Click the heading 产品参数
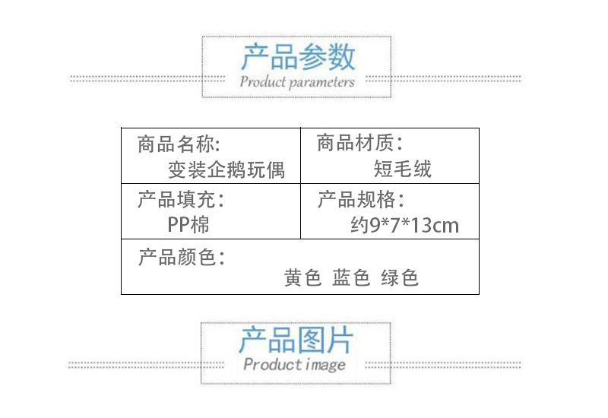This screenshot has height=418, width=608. tap(298, 57)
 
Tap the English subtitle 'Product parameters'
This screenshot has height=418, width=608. tap(297, 81)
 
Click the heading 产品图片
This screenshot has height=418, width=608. tap(296, 340)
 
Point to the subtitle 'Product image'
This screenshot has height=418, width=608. tap(295, 365)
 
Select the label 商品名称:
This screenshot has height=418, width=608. tap(179, 144)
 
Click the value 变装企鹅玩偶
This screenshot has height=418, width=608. tap(226, 169)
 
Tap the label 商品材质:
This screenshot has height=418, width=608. tap(359, 142)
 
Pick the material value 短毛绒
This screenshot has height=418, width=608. tap(403, 168)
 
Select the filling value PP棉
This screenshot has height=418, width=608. tap(188, 225)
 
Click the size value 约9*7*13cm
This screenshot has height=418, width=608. tap(404, 225)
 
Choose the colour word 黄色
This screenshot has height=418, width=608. tap(303, 278)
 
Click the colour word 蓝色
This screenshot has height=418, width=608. tap(351, 278)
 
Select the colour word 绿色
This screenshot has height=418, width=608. tap(400, 278)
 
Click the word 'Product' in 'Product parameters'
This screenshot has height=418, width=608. tap(262, 81)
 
